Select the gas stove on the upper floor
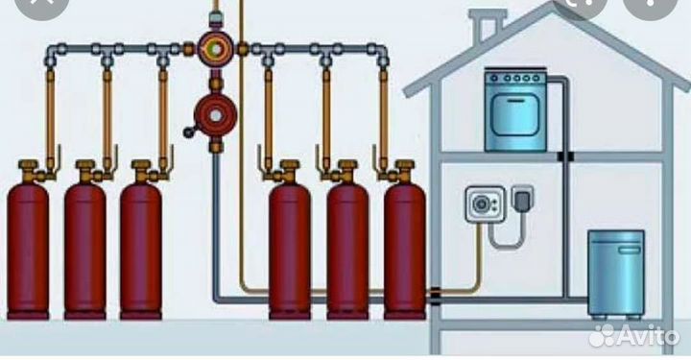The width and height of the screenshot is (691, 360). click(514, 109)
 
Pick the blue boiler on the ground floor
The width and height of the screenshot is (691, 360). click(615, 273)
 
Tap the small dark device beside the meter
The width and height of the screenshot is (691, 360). click(524, 200)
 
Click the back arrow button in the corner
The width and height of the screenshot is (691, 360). click(24, 10)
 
